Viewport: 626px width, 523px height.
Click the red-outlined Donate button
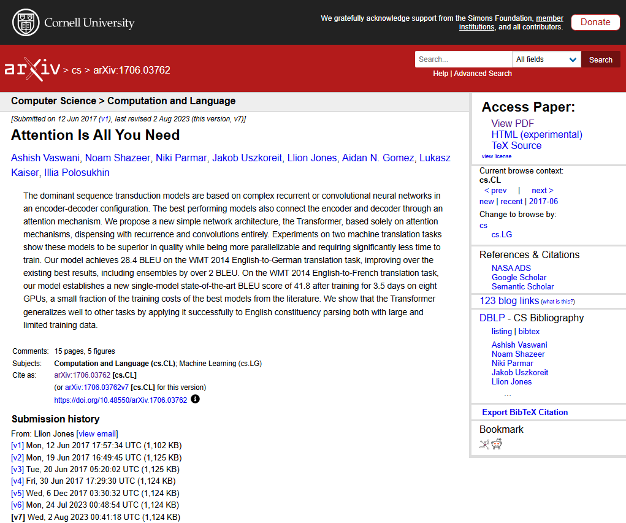595,22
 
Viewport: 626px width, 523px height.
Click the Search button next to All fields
600,59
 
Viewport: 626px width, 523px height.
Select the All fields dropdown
546,59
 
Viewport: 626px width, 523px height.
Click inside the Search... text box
463,59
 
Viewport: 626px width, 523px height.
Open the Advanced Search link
483,74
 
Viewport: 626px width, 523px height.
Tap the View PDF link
513,123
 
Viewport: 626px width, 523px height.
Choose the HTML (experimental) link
536,134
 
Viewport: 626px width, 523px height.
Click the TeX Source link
516,145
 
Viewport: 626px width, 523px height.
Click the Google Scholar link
519,277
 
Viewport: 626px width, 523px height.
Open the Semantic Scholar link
522,286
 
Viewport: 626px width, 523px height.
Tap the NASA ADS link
511,268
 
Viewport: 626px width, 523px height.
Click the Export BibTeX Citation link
525,412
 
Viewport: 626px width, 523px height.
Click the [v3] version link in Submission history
17,469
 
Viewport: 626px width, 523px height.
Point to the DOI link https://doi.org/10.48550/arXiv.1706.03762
120,400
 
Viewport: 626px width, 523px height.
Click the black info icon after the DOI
195,399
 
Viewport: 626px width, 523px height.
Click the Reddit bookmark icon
497,445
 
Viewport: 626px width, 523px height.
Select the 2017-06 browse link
543,201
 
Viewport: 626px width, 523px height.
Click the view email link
97,433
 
